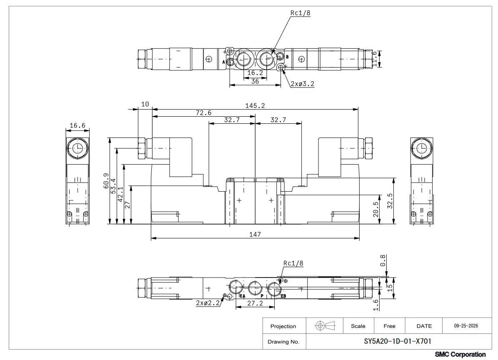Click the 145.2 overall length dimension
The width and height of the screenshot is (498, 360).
[x=255, y=105]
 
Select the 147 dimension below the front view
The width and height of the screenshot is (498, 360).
[x=255, y=234]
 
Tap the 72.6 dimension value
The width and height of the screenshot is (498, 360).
[x=204, y=112]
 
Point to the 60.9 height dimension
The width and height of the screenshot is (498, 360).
[x=106, y=181]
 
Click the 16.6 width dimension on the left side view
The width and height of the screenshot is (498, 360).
[x=78, y=125]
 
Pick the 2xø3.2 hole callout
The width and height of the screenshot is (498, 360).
[x=303, y=84]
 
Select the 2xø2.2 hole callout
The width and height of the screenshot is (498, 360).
[x=208, y=303]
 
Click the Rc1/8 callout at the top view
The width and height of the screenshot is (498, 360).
[x=300, y=13]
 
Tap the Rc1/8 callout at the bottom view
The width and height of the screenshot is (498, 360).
[x=293, y=263]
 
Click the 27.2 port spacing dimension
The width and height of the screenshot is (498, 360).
[x=255, y=303]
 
